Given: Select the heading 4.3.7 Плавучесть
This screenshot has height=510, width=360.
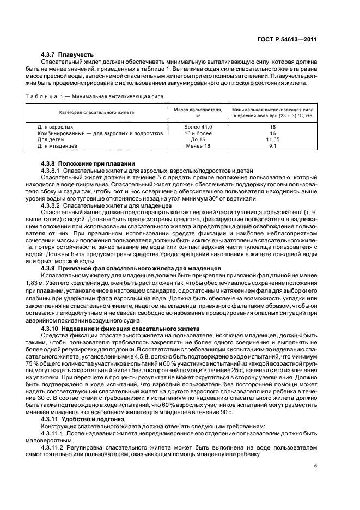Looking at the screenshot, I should point(68,54).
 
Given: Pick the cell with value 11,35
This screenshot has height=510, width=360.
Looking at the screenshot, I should point(272,139).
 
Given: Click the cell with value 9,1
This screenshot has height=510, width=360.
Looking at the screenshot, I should point(272,146).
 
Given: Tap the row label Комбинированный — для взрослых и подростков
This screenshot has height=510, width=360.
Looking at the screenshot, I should point(100,133).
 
